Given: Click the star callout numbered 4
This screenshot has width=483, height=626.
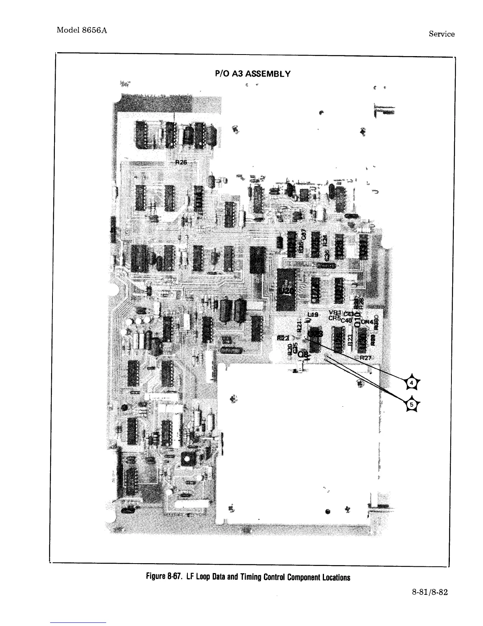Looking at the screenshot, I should pos(412,383).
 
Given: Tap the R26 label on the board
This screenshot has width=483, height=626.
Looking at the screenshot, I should pos(181,162).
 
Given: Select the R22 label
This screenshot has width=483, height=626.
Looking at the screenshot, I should pos(283,338).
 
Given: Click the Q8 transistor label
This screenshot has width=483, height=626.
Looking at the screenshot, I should pos(303,354).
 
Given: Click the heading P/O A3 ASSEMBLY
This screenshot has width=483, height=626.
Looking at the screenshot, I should pos(253,74).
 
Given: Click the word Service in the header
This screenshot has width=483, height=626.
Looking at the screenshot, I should pos(441,34).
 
